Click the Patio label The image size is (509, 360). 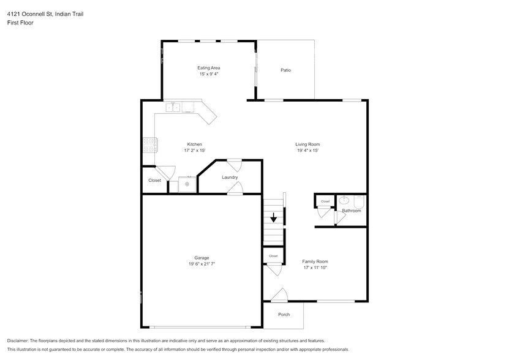point(285,70)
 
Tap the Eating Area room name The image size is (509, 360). point(209,68)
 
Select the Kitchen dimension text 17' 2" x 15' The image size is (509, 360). point(194,150)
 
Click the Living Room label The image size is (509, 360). point(307,144)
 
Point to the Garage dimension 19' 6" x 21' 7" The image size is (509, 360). point(202,264)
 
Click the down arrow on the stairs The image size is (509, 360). point(274,217)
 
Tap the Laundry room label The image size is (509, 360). point(230,177)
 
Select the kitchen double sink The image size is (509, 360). point(173,107)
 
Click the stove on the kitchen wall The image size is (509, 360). point(150,144)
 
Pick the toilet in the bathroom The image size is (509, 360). point(359,201)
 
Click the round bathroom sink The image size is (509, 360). point(344,200)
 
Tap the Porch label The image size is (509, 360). point(284,315)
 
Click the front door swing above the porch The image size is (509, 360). point(280,294)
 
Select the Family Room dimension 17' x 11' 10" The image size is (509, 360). point(315,268)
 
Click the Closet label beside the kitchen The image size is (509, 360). point(154,180)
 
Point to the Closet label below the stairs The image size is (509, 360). point(273,256)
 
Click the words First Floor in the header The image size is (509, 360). point(20,23)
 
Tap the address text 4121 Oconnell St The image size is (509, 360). point(31,14)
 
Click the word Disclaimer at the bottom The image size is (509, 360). point(18,341)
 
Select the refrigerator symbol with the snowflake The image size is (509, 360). point(187,184)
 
